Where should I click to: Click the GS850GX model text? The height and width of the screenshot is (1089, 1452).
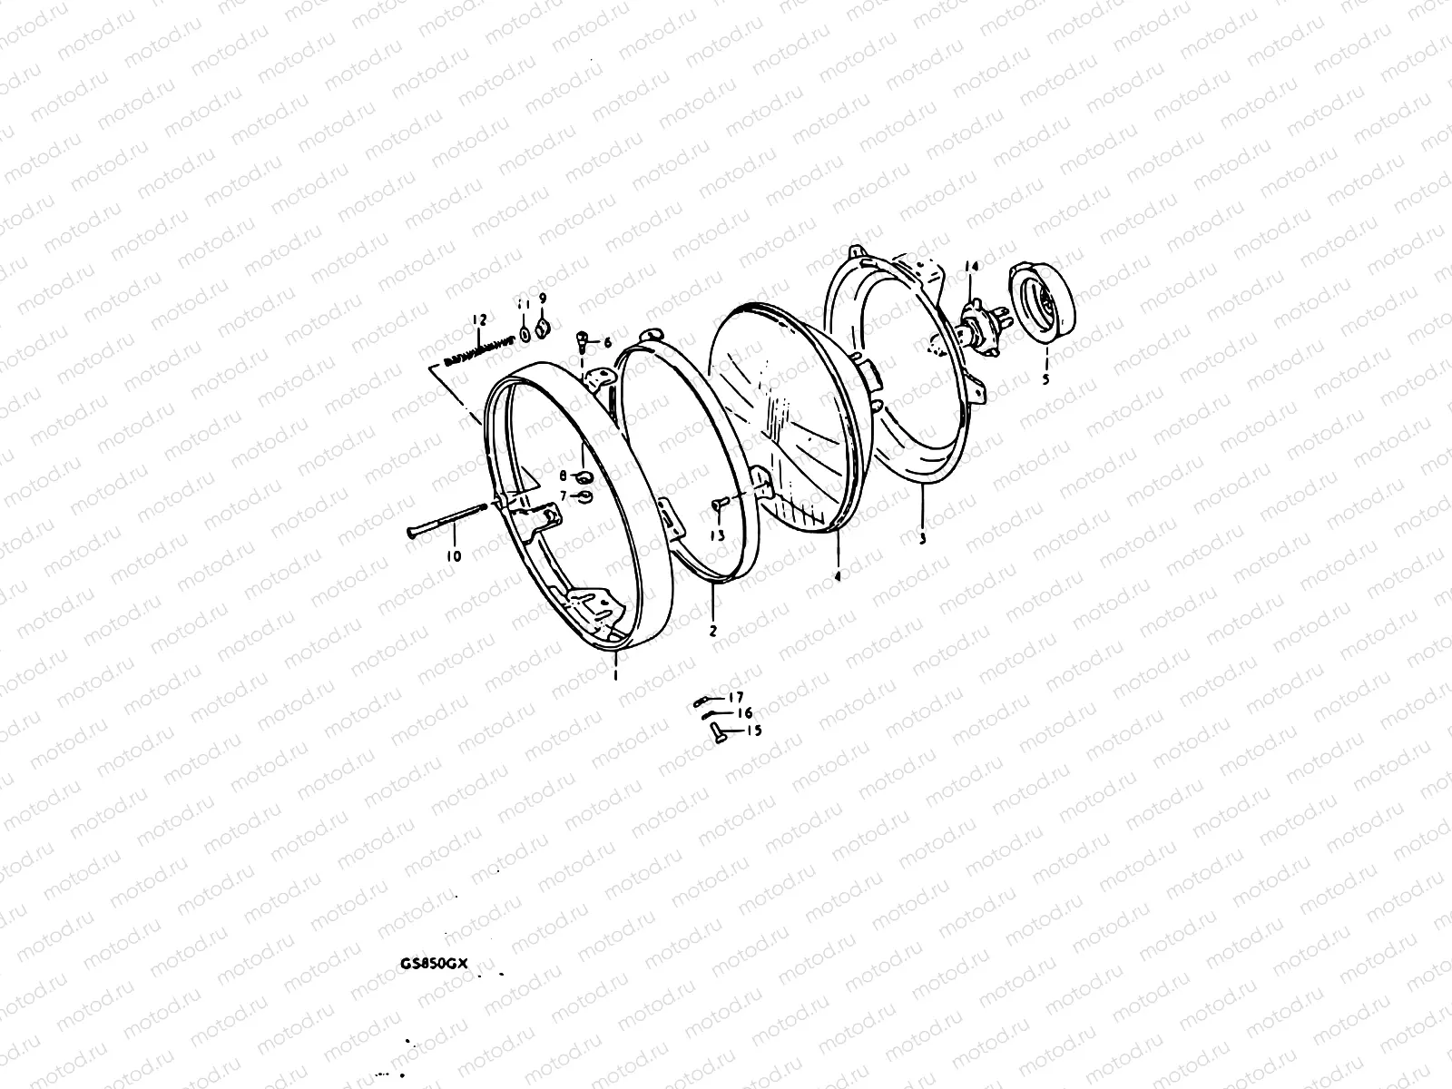pyautogui.click(x=434, y=965)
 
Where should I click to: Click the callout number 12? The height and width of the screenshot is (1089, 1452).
pyautogui.click(x=479, y=319)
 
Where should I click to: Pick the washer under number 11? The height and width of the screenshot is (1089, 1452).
pyautogui.click(x=525, y=336)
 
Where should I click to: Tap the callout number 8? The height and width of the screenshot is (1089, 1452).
pyautogui.click(x=563, y=476)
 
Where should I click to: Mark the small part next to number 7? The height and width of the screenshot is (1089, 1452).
pyautogui.click(x=584, y=495)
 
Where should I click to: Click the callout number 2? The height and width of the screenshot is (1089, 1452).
pyautogui.click(x=713, y=630)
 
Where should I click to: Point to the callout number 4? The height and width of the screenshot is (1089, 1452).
pyautogui.click(x=838, y=576)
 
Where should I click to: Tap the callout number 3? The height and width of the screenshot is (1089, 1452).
pyautogui.click(x=922, y=539)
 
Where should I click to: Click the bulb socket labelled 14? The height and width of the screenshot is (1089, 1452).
pyautogui.click(x=975, y=329)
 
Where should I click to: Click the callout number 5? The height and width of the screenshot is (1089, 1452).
pyautogui.click(x=1045, y=380)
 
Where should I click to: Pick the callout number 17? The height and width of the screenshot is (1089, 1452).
pyautogui.click(x=735, y=697)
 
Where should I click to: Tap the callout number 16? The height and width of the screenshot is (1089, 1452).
pyautogui.click(x=744, y=713)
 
